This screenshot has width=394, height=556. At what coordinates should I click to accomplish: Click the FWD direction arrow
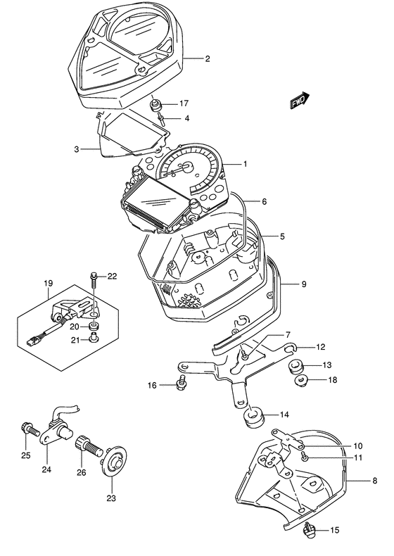299,101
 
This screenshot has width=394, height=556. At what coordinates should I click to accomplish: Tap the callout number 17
184,103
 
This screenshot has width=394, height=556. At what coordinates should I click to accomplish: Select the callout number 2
208,58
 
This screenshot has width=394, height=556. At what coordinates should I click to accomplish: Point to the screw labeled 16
182,383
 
